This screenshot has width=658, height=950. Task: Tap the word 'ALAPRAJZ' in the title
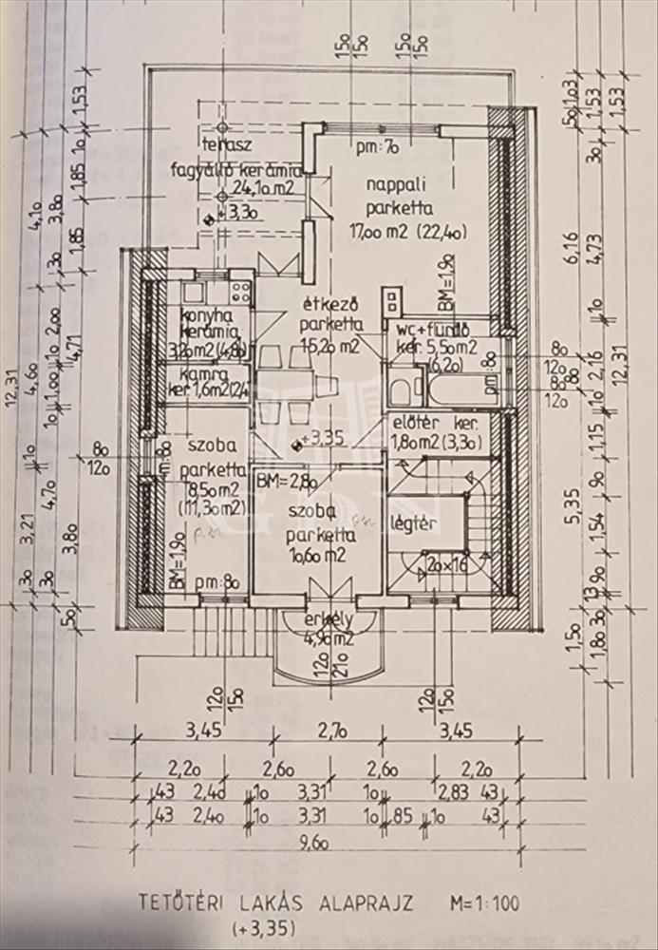tap(367, 903)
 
